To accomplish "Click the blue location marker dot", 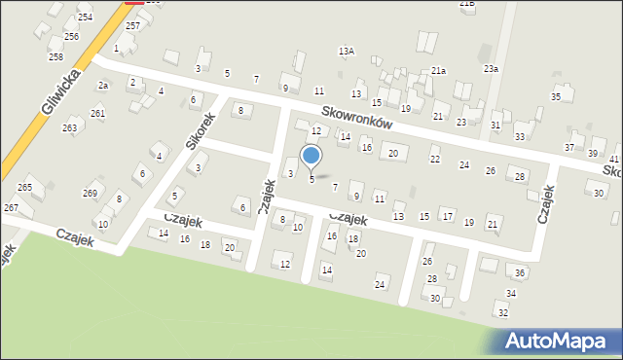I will pyautogui.click(x=311, y=155).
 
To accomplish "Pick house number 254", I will pyautogui.click(x=86, y=18).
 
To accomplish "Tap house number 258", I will pyautogui.click(x=55, y=56).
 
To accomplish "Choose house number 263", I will pyautogui.click(x=70, y=127).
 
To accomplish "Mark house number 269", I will pyautogui.click(x=90, y=193).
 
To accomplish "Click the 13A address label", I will pyautogui.click(x=346, y=51).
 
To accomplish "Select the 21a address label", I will pyautogui.click(x=439, y=70).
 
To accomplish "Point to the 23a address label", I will pyautogui.click(x=491, y=69).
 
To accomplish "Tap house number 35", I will pyautogui.click(x=556, y=96).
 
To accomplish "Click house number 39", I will pyautogui.click(x=593, y=154).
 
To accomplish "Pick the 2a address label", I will pyautogui.click(x=102, y=86).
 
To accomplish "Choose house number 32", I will pyautogui.click(x=502, y=313).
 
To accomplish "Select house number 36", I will pyautogui.click(x=521, y=273).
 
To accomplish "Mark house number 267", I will pyautogui.click(x=11, y=208).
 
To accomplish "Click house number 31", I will pyautogui.click(x=495, y=126).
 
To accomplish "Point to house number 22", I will pyautogui.click(x=435, y=159).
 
